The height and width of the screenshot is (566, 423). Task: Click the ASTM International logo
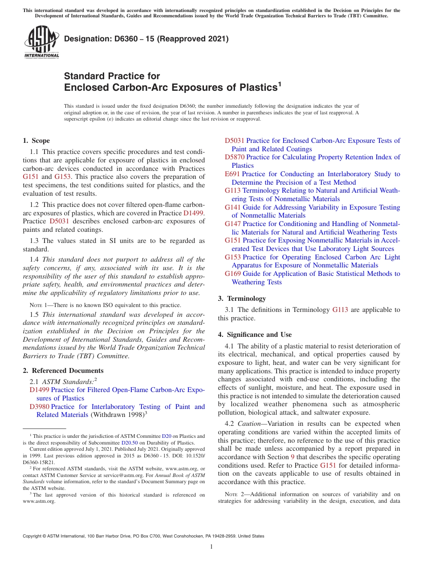tap(41, 42)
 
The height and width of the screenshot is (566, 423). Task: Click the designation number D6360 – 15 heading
tap(146, 39)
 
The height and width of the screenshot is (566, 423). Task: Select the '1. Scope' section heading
tap(36, 141)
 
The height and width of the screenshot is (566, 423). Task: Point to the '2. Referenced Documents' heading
tap(63, 371)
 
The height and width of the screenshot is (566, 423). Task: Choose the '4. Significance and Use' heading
tap(255, 335)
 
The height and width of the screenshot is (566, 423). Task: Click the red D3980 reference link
tap(39, 407)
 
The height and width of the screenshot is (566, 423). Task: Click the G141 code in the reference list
tap(233, 207)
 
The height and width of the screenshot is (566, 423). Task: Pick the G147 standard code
tap(233, 224)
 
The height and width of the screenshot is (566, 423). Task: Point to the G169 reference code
tap(233, 274)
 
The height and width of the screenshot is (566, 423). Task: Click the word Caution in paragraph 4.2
tap(249, 424)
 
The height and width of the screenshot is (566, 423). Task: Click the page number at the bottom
tap(211, 546)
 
